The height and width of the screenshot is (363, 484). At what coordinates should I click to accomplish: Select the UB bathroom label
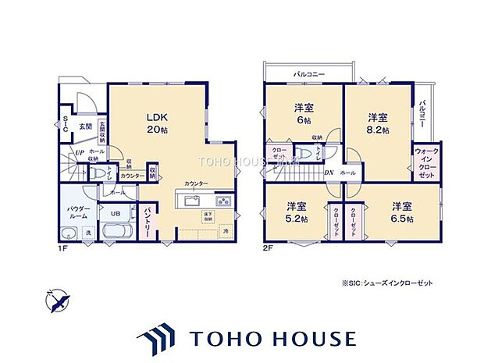pyautogui.click(x=114, y=213)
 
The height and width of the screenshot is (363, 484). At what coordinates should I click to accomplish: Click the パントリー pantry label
pyautogui.click(x=146, y=221)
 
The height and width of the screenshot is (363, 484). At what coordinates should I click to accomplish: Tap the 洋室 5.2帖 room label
pyautogui.click(x=295, y=212)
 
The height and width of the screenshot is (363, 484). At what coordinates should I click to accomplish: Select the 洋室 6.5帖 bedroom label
pyautogui.click(x=402, y=212)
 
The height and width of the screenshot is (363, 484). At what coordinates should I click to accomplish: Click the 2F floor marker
pyautogui.click(x=269, y=250)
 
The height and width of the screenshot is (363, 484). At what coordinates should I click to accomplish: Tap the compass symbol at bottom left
pyautogui.click(x=57, y=299)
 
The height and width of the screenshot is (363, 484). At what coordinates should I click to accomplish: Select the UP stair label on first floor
pyautogui.click(x=80, y=153)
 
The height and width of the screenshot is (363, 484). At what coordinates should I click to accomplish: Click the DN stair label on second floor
pyautogui.click(x=329, y=173)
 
